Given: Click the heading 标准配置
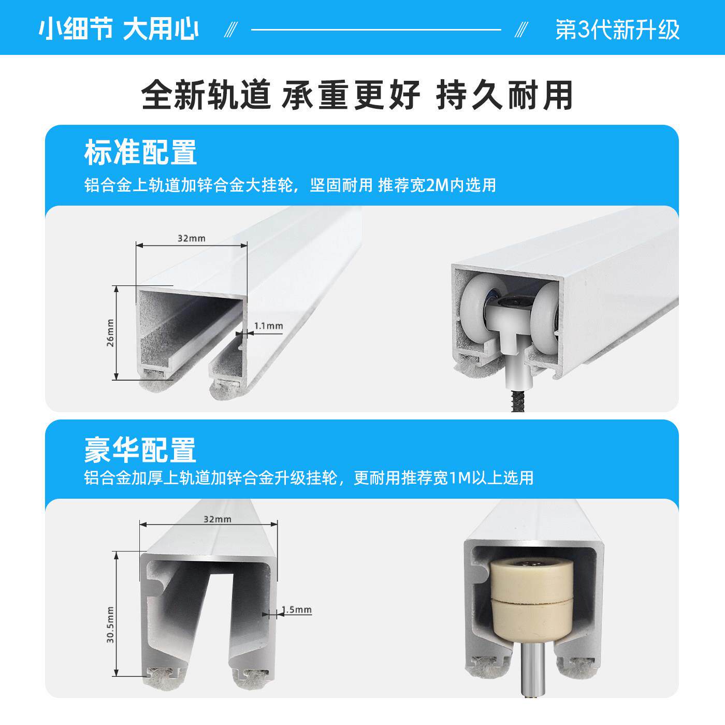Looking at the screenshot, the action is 140,152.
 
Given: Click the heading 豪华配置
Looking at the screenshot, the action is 140,450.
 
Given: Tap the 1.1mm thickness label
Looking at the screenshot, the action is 269,326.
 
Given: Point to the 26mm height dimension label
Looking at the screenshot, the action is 110,332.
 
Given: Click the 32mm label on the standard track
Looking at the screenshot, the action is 192,238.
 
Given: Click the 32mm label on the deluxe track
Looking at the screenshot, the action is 218,519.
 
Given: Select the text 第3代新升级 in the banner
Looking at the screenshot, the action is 617,30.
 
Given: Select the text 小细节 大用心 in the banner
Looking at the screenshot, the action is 119,30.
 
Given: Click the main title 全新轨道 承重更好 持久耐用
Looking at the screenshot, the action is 357,95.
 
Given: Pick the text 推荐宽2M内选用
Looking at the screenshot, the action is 437,185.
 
